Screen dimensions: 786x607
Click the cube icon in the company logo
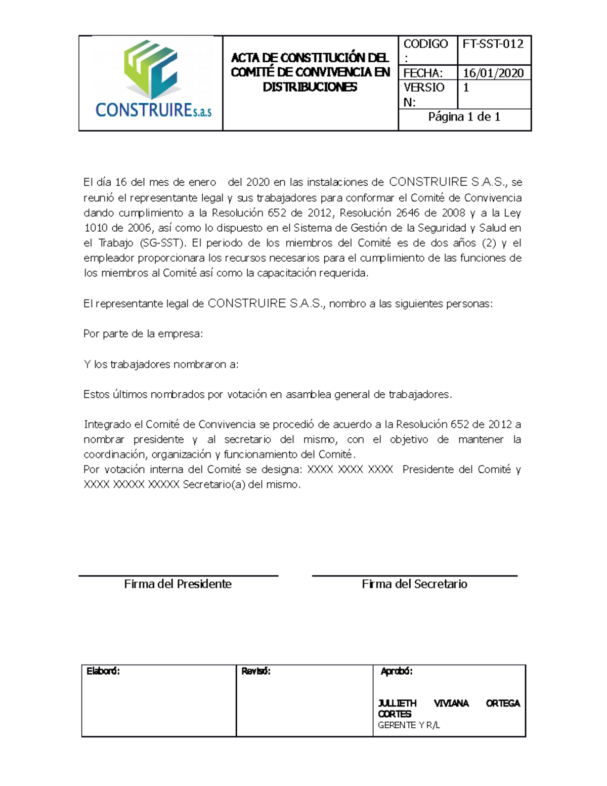[x=150, y=69]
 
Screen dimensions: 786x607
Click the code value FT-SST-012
[x=493, y=44]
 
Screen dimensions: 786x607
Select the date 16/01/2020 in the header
[x=493, y=73]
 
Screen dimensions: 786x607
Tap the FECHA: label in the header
[x=423, y=73]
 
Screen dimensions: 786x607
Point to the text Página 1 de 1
[x=464, y=117]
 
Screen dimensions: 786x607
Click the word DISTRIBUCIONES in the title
[x=310, y=87]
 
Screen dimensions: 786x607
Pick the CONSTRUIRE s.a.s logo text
[x=153, y=110]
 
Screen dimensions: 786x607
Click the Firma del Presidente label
[x=178, y=584]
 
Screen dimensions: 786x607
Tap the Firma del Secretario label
[x=414, y=584]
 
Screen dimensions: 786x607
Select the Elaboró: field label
[x=103, y=672]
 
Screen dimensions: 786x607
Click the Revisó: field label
[x=256, y=672]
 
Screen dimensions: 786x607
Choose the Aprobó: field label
[x=397, y=672]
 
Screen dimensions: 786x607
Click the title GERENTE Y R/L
[x=409, y=725]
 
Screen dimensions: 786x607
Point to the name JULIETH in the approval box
[x=398, y=704]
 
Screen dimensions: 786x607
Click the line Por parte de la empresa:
[x=143, y=334]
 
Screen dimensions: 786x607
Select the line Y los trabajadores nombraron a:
[x=161, y=364]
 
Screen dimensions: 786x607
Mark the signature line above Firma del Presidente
[x=178, y=575]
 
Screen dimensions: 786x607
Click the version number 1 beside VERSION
[x=466, y=88]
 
